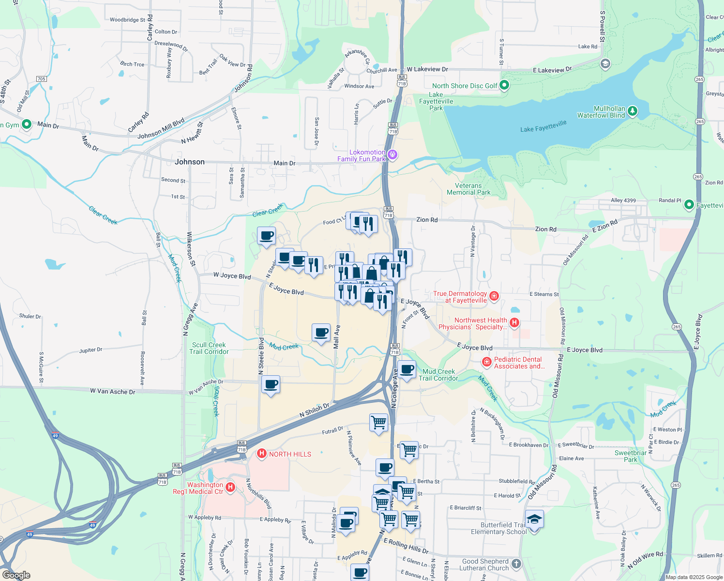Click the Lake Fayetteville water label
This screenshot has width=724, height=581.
pyautogui.click(x=543, y=126)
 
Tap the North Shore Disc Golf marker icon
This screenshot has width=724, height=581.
pyautogui.click(x=504, y=86)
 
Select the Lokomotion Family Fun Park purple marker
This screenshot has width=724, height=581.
pyautogui.click(x=392, y=155)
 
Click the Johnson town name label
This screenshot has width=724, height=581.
pyautogui.click(x=190, y=162)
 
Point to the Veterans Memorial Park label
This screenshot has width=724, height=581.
pyautogui.click(x=468, y=189)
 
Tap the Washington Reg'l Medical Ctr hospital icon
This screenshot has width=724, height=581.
pyautogui.click(x=230, y=487)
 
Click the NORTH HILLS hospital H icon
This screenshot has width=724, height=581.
pyautogui.click(x=262, y=454)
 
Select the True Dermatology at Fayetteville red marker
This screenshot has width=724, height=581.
pyautogui.click(x=494, y=296)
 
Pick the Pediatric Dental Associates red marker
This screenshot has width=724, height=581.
pyautogui.click(x=487, y=362)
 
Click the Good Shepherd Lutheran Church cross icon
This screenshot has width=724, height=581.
pyautogui.click(x=516, y=564)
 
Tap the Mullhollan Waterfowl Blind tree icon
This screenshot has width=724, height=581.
pyautogui.click(x=633, y=112)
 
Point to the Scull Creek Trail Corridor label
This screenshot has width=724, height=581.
pyautogui.click(x=209, y=348)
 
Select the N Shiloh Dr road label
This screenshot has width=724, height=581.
pyautogui.click(x=314, y=410)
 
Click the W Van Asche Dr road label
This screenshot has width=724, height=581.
pyautogui.click(x=113, y=391)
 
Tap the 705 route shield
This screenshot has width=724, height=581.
pyautogui.click(x=41, y=79)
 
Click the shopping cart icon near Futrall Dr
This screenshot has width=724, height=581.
pyautogui.click(x=378, y=422)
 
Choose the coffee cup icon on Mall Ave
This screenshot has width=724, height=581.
pyautogui.click(x=321, y=333)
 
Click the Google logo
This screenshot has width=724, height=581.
pyautogui.click(x=16, y=575)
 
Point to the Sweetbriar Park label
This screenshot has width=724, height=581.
pyautogui.click(x=631, y=456)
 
